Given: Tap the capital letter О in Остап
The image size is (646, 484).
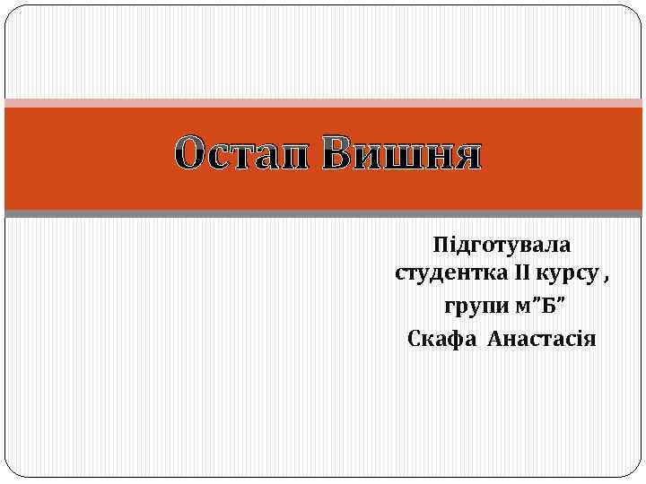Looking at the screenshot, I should [190, 156].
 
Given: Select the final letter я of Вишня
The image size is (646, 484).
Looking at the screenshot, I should [467, 157].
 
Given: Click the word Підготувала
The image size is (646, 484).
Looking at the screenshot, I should [502, 244].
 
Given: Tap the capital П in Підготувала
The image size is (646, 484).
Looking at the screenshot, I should [439, 243].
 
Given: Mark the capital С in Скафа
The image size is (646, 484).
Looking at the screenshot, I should [414, 339].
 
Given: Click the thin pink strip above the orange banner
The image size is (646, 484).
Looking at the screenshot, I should [323, 103].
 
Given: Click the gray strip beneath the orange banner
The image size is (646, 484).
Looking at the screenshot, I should [323, 213].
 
